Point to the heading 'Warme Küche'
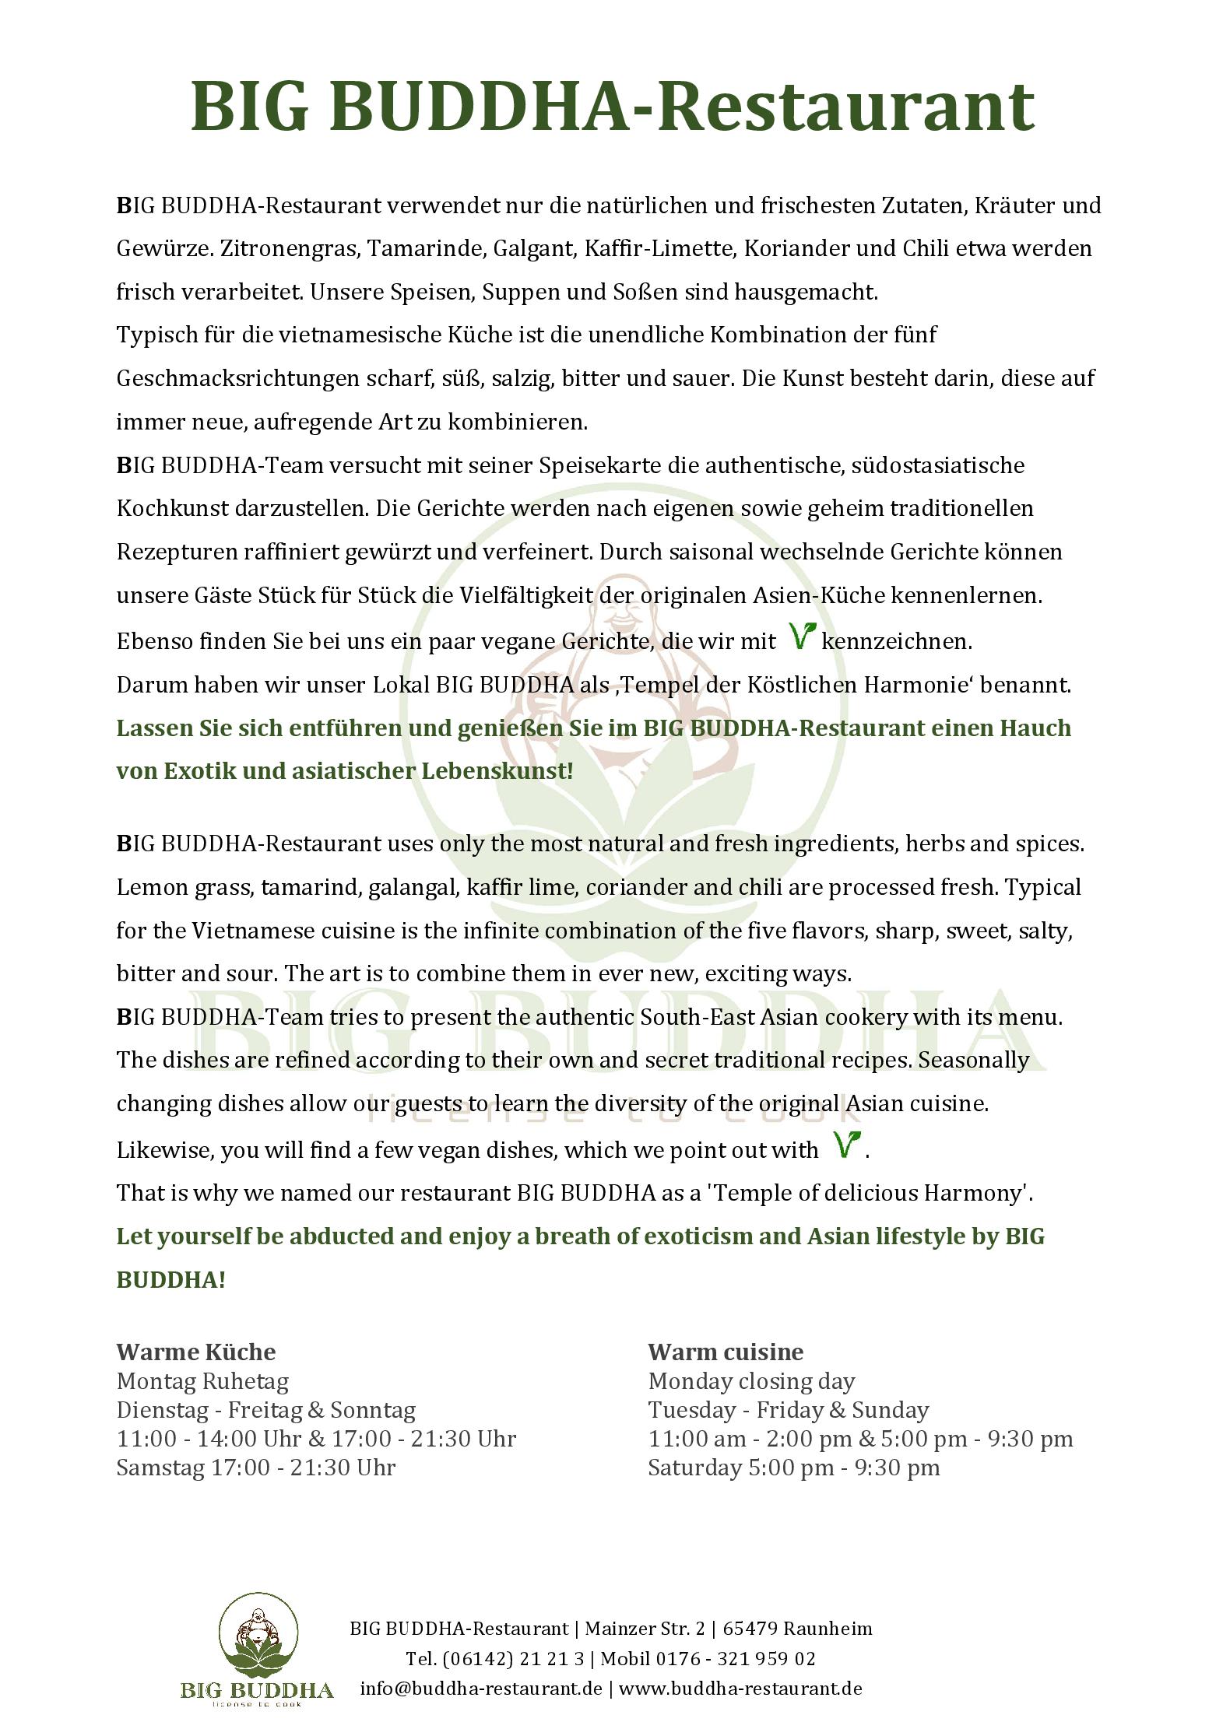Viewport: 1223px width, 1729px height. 196,1352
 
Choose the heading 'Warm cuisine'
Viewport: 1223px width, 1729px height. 726,1352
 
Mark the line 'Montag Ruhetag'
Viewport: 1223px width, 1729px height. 202,1381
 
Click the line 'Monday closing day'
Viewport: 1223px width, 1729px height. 751,1381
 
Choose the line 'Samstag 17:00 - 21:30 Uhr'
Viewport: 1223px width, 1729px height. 256,1468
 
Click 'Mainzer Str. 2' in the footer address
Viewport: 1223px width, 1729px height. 645,1629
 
